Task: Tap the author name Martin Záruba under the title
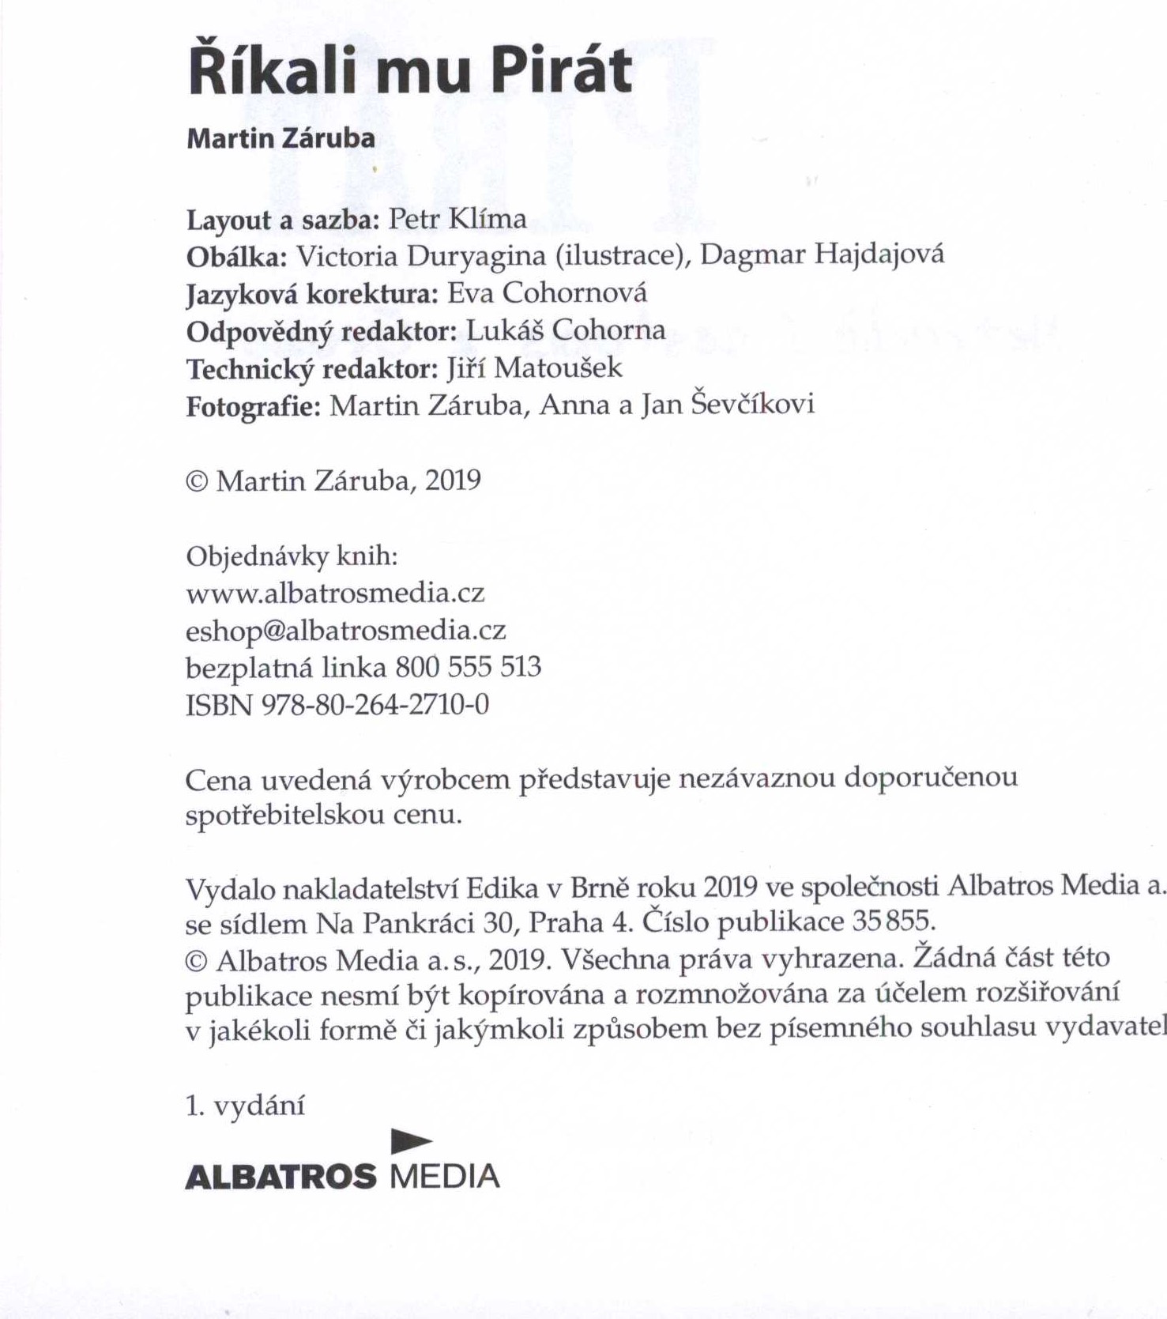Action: pos(280,138)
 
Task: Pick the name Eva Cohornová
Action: pos(547,294)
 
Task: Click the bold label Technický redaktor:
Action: pos(311,369)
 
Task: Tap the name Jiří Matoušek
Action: pos(535,367)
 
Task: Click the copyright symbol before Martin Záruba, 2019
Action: pos(196,481)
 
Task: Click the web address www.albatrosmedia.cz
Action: pos(335,593)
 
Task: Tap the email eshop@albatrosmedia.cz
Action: pos(345,630)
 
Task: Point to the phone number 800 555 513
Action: pos(468,667)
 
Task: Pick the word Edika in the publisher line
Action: pos(502,889)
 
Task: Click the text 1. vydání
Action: pos(245,1106)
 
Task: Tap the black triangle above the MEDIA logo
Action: pos(411,1140)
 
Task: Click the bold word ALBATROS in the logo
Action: pos(280,1177)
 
